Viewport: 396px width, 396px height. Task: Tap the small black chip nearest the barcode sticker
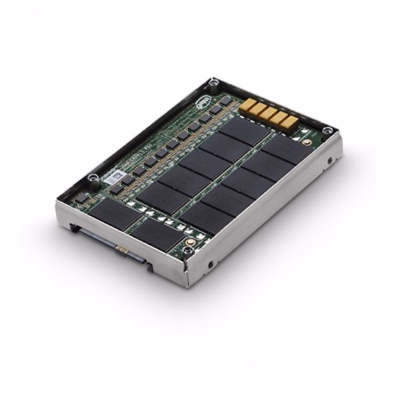pos(127,179)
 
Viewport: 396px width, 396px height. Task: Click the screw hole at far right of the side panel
pos(330,162)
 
